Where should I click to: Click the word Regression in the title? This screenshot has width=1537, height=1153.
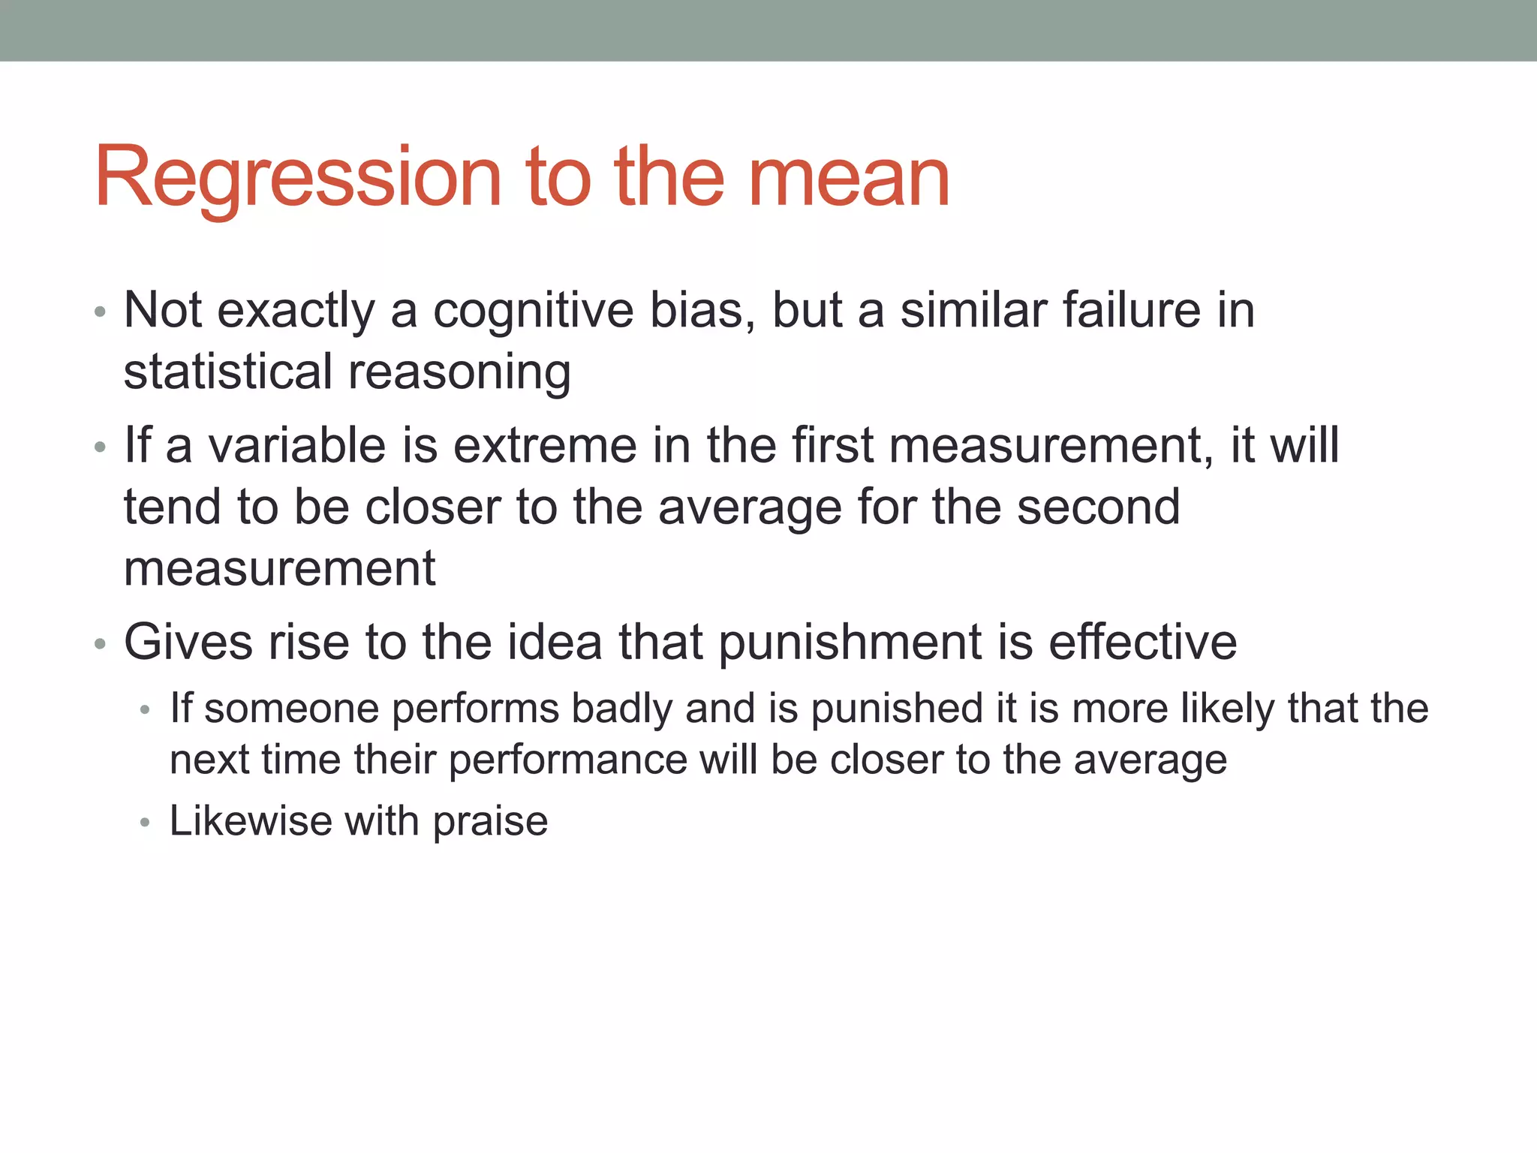[297, 179]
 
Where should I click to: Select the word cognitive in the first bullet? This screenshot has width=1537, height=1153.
[533, 310]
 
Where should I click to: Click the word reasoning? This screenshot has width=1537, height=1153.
[459, 373]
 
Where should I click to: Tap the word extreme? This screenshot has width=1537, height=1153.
[545, 445]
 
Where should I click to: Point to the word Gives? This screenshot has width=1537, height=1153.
[188, 643]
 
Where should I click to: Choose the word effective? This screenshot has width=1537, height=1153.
[1142, 643]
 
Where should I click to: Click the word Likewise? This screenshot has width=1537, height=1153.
[251, 820]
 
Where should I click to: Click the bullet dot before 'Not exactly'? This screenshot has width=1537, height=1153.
[101, 312]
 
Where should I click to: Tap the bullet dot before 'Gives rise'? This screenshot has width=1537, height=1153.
[101, 645]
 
